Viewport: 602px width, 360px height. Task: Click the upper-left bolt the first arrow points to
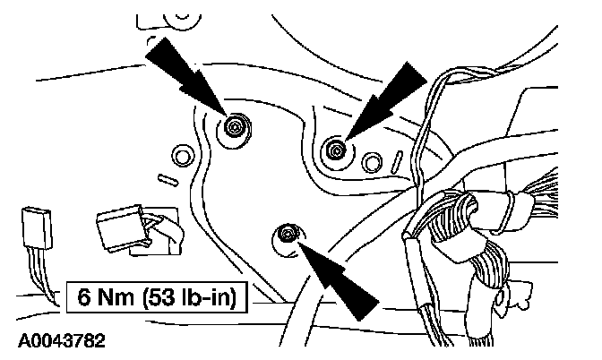click(x=235, y=126)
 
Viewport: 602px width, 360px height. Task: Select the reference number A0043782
click(x=59, y=341)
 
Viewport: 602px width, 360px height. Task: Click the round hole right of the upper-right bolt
click(x=370, y=162)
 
